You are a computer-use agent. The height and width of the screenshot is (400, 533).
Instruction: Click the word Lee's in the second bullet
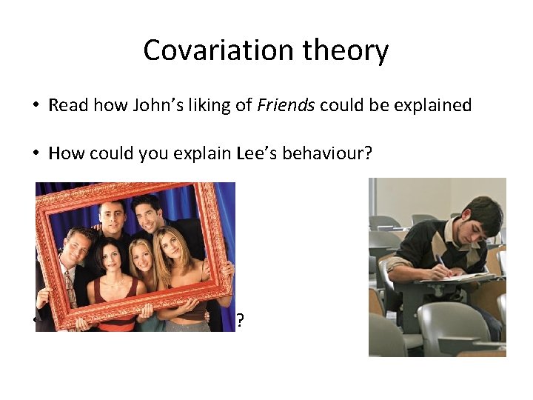(221, 153)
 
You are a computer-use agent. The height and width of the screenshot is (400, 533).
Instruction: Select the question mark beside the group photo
(240, 321)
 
